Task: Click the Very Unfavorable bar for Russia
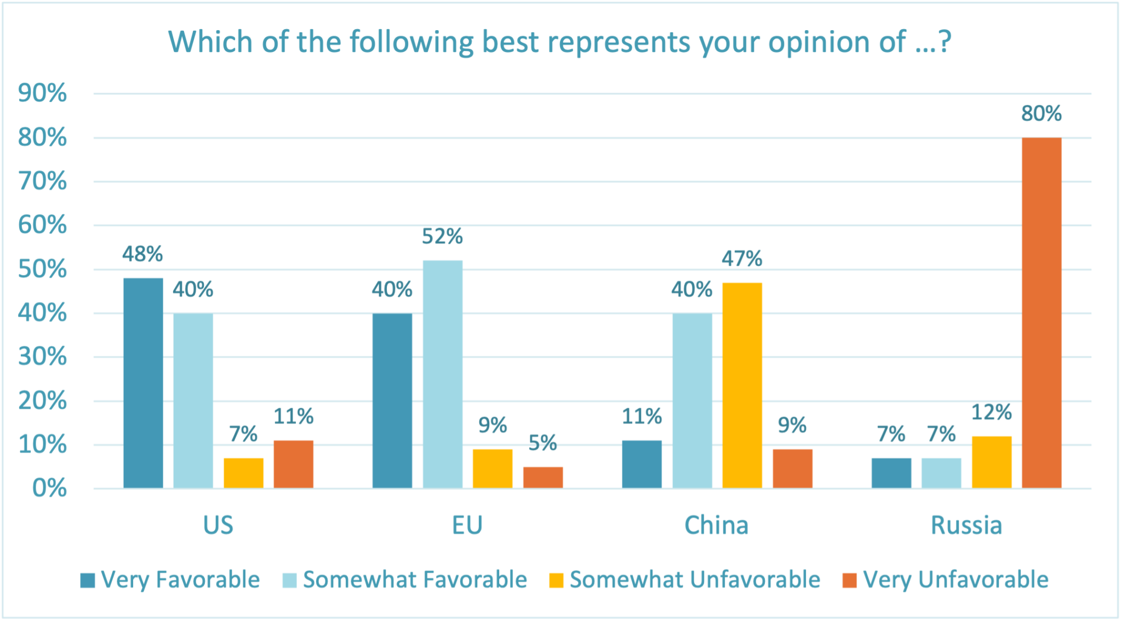(1041, 312)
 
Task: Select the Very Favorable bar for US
(143, 383)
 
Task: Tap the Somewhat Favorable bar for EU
(443, 374)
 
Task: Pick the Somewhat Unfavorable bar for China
(742, 385)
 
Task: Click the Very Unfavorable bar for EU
(543, 477)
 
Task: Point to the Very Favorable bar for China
(642, 464)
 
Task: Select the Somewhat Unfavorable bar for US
(243, 473)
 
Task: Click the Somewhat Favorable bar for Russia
(941, 473)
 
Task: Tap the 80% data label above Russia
(1041, 114)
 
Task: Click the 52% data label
(442, 237)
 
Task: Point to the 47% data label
(742, 259)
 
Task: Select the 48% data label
(142, 254)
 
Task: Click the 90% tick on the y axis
(43, 94)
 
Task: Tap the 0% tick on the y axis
(50, 488)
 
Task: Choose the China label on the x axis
(716, 526)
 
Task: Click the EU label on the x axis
(467, 526)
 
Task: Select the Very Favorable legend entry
(170, 580)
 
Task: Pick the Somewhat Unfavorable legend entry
(685, 580)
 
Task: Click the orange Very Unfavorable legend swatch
(849, 580)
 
